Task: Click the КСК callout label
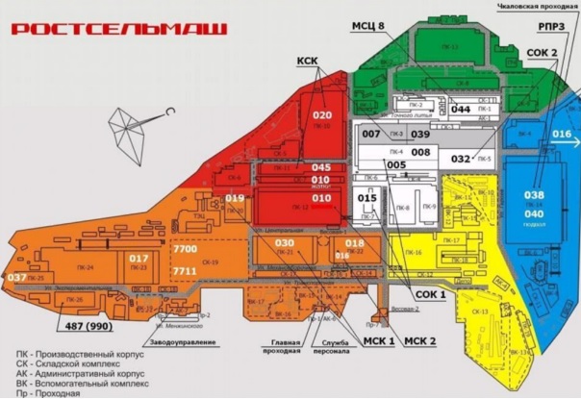coord(307,62)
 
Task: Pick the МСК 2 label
coord(420,341)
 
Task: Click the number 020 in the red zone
coord(321,115)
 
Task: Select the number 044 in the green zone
coord(461,110)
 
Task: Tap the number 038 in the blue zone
coord(534,195)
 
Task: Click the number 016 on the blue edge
coord(562,134)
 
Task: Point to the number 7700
coord(185,249)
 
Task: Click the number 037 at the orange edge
coord(15,278)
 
